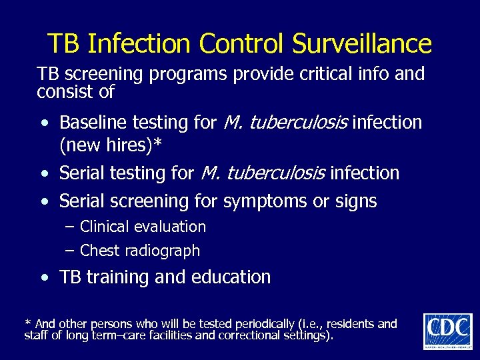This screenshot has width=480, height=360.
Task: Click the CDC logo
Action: tap(447, 331)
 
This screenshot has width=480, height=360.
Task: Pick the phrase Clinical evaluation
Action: tap(143, 227)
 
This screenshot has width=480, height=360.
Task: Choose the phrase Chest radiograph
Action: tap(139, 251)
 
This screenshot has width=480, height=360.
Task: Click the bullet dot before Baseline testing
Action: tap(43, 124)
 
